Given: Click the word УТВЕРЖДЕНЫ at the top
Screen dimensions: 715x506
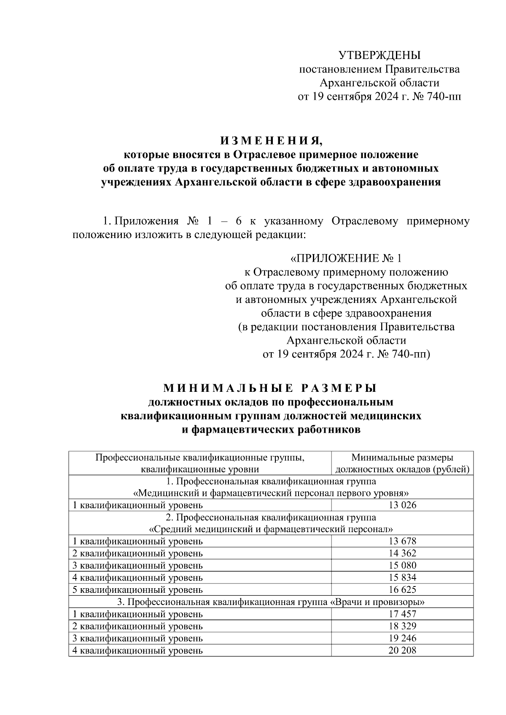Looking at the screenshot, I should [x=379, y=55].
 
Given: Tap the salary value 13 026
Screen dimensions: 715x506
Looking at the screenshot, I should [x=402, y=505].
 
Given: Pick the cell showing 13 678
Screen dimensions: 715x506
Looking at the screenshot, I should [x=402, y=541].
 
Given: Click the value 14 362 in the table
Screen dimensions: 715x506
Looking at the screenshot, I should [x=402, y=553].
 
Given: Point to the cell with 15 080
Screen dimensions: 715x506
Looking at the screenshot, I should [x=402, y=565].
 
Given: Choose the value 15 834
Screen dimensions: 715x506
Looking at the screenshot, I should [x=402, y=578].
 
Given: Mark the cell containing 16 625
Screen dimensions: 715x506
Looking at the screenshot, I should [x=402, y=590].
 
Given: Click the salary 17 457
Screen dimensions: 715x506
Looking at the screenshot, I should [x=402, y=614].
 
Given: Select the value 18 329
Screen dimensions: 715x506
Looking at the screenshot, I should [x=402, y=626].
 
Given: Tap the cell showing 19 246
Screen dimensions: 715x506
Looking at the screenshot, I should [x=402, y=638].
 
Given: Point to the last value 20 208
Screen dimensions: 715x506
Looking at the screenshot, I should [x=402, y=651].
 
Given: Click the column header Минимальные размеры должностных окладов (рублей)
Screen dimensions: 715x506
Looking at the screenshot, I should [x=402, y=463].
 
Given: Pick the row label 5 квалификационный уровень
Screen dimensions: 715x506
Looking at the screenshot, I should [x=138, y=590].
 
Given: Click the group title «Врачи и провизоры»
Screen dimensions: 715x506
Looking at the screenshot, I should [x=377, y=602].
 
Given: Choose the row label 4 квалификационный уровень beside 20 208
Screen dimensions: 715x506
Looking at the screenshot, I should [x=138, y=651].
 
